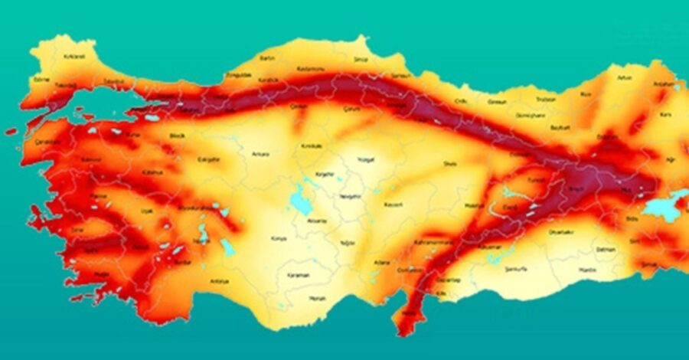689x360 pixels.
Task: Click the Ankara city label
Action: pyautogui.click(x=260, y=154)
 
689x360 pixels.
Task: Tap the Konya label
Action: pyautogui.click(x=279, y=238)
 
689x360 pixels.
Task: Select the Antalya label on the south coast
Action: pyautogui.click(x=219, y=281)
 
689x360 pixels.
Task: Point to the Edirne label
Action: pyautogui.click(x=41, y=79)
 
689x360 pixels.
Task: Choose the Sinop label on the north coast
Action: pyautogui.click(x=360, y=59)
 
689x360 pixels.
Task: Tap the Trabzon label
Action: pyautogui.click(x=545, y=99)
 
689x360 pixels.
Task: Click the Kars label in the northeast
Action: pyautogui.click(x=665, y=114)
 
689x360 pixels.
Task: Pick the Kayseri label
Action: pyautogui.click(x=394, y=205)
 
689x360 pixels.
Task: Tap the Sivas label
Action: pyautogui.click(x=450, y=163)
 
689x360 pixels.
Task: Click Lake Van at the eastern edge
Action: pyautogui.click(x=660, y=207)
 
